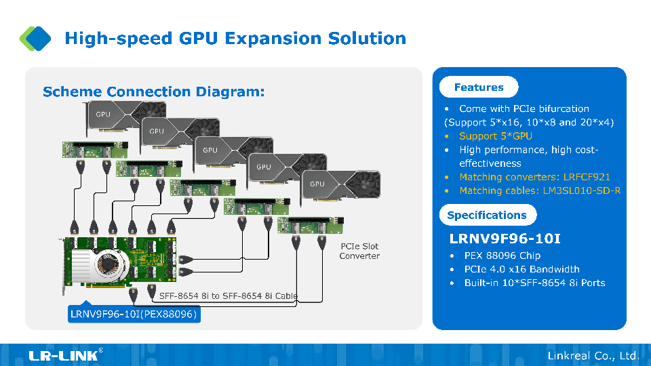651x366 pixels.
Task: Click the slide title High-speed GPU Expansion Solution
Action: [235, 39]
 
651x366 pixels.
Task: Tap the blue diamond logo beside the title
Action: [35, 38]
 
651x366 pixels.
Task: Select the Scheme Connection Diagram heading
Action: [153, 91]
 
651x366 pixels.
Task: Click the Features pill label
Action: [479, 87]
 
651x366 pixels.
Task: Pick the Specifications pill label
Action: [487, 215]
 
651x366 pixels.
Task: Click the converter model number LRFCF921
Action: [581, 177]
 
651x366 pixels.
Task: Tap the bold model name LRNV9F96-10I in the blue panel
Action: [505, 239]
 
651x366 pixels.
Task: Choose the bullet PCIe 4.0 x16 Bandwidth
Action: [521, 269]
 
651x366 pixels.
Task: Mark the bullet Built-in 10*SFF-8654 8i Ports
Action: [534, 283]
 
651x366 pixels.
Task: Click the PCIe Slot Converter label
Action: [359, 251]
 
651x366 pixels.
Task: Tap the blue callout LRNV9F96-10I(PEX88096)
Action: [134, 314]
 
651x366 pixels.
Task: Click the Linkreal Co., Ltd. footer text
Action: [593, 355]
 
